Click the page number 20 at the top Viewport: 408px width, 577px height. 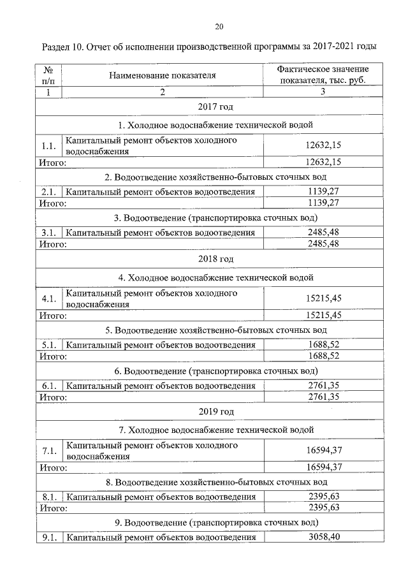219,27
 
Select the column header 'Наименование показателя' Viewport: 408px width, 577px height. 162,75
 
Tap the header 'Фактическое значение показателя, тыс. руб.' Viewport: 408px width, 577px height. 323,75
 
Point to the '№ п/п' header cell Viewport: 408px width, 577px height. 48,75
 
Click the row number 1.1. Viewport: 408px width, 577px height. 48,147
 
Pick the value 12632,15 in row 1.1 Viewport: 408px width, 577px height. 323,147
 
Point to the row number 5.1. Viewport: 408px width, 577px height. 48,345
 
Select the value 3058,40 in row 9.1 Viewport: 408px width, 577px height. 323,537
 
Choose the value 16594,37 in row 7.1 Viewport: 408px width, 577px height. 323,451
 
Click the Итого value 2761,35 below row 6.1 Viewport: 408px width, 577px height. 323,397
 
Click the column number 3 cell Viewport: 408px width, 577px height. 323,92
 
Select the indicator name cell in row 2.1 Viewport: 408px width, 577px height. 161,192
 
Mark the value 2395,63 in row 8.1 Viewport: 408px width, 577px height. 323,497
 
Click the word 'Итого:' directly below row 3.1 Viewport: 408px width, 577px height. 54,244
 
